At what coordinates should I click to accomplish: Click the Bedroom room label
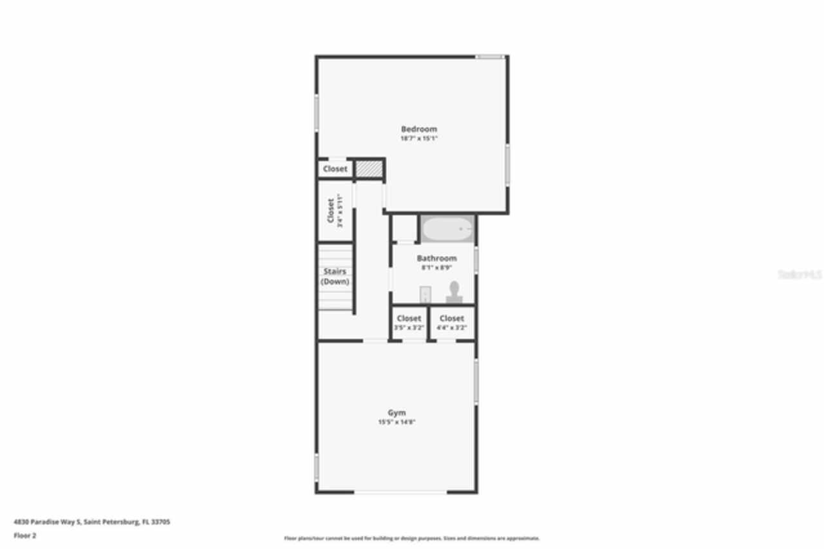click(418, 129)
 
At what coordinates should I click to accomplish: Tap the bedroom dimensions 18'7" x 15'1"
click(418, 138)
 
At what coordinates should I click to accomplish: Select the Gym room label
click(397, 413)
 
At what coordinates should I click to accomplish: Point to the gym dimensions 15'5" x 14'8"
click(397, 422)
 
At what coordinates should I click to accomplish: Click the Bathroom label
click(436, 258)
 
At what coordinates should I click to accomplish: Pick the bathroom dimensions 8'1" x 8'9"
click(436, 267)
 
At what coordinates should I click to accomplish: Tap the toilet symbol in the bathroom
click(454, 291)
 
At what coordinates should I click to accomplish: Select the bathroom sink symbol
click(425, 294)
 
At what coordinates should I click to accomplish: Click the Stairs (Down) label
click(335, 276)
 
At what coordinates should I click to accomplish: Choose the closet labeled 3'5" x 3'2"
click(409, 322)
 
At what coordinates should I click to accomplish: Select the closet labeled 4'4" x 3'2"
click(452, 322)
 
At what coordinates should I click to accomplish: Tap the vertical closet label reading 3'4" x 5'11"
click(334, 211)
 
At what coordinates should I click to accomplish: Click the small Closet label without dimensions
click(335, 169)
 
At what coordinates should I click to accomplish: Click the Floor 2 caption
click(25, 535)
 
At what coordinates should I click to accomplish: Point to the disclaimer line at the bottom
click(412, 538)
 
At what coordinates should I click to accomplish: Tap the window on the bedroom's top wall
click(490, 57)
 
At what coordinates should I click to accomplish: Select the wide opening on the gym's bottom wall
click(400, 492)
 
